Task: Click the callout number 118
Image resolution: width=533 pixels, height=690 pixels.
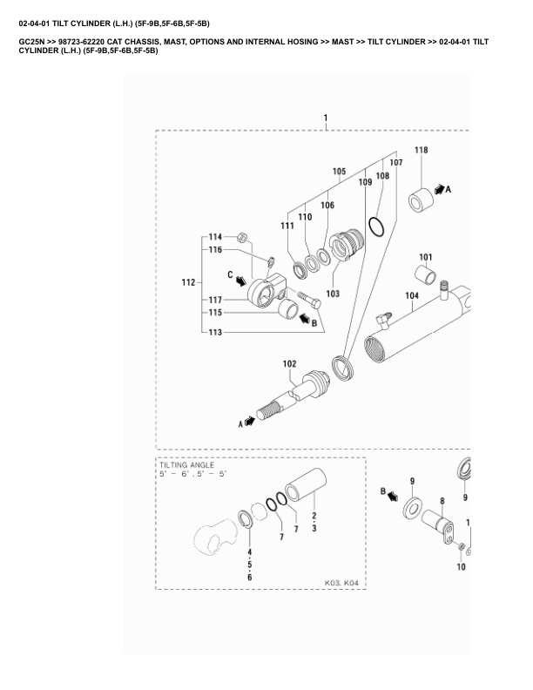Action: [x=421, y=151]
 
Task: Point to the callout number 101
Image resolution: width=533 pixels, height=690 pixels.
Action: [x=425, y=257]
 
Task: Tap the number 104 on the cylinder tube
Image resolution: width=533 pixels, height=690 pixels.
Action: [x=412, y=296]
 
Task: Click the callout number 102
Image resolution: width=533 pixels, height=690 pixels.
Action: [x=289, y=363]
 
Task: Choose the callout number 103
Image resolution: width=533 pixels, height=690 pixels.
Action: [x=333, y=293]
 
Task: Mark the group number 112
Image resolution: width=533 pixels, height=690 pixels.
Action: [x=187, y=283]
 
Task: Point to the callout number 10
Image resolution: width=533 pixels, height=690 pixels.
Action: [x=461, y=566]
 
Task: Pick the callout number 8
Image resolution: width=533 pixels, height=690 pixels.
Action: [x=442, y=501]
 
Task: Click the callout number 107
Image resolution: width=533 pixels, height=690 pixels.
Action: [x=395, y=163]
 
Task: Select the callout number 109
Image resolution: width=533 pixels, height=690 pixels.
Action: [x=364, y=182]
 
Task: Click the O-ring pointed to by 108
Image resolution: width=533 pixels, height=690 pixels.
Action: [x=375, y=227]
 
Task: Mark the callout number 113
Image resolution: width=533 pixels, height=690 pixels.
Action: [x=214, y=332]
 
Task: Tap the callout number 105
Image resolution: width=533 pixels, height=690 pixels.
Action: [x=339, y=171]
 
